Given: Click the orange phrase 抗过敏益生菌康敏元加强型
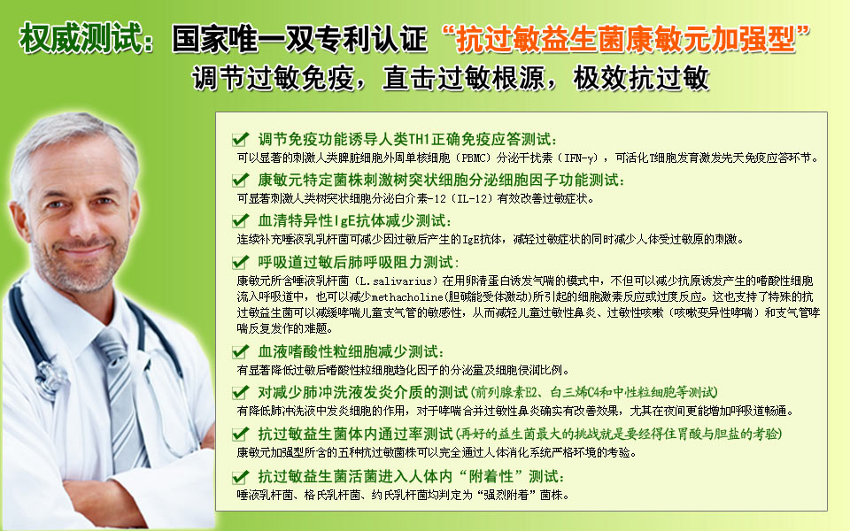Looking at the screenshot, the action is [x=626, y=40].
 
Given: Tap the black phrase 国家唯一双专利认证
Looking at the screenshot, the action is [x=299, y=39].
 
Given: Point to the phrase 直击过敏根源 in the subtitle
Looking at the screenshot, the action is [x=463, y=78].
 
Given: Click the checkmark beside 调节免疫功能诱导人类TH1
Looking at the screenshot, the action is [x=240, y=139].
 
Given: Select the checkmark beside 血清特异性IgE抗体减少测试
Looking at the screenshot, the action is [x=240, y=220].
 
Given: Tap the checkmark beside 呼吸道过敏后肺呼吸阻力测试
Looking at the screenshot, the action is [x=240, y=262].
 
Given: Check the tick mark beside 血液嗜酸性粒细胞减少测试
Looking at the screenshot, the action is [x=240, y=351].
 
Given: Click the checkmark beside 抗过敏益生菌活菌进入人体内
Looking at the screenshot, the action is [x=240, y=477].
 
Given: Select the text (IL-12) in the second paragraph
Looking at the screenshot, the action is [x=470, y=198].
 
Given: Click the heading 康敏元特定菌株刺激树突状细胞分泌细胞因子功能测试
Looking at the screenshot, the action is [x=441, y=180].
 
